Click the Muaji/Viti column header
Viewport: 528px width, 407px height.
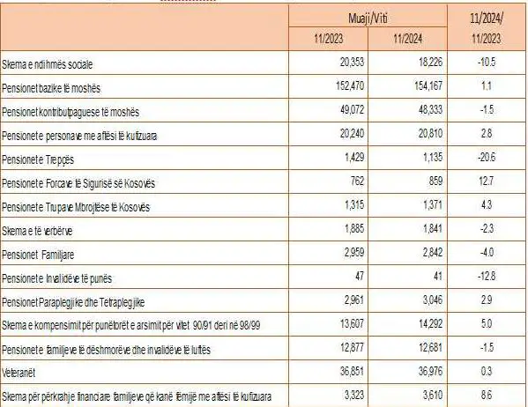(x=368, y=18)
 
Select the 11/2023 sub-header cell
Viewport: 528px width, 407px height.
(x=328, y=39)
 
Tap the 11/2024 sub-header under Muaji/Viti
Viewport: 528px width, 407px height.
(x=408, y=39)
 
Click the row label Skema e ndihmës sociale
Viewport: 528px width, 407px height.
(x=47, y=64)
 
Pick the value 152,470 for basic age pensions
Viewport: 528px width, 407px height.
(x=350, y=85)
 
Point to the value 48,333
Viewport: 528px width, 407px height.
(x=430, y=110)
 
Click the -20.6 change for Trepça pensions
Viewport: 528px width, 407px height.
(x=487, y=157)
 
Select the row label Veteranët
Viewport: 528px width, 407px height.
(x=19, y=373)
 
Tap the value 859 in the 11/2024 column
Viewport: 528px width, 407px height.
(x=435, y=181)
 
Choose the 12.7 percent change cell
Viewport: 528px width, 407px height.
(x=487, y=181)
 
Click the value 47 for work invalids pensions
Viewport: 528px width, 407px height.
(x=360, y=276)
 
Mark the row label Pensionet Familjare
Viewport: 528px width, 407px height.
(x=38, y=255)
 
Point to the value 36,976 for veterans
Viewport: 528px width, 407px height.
(x=430, y=371)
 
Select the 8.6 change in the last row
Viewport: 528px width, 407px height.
(x=487, y=395)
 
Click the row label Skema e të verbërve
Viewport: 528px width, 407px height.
(x=37, y=231)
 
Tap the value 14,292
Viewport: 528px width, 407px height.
(x=430, y=323)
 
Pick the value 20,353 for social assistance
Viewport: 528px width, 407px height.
(x=352, y=62)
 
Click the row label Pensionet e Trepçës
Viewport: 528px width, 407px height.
(x=38, y=159)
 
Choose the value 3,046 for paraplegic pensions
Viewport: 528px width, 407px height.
(x=433, y=300)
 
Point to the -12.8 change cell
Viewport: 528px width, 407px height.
(x=487, y=276)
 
